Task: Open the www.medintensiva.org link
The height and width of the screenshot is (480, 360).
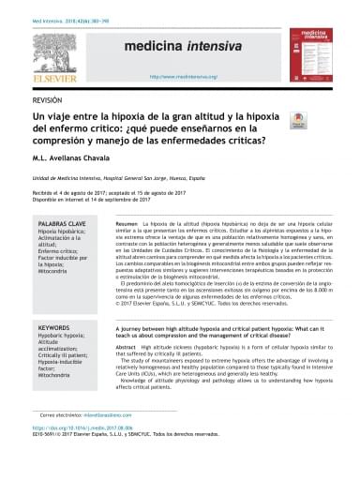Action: coord(177,67)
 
